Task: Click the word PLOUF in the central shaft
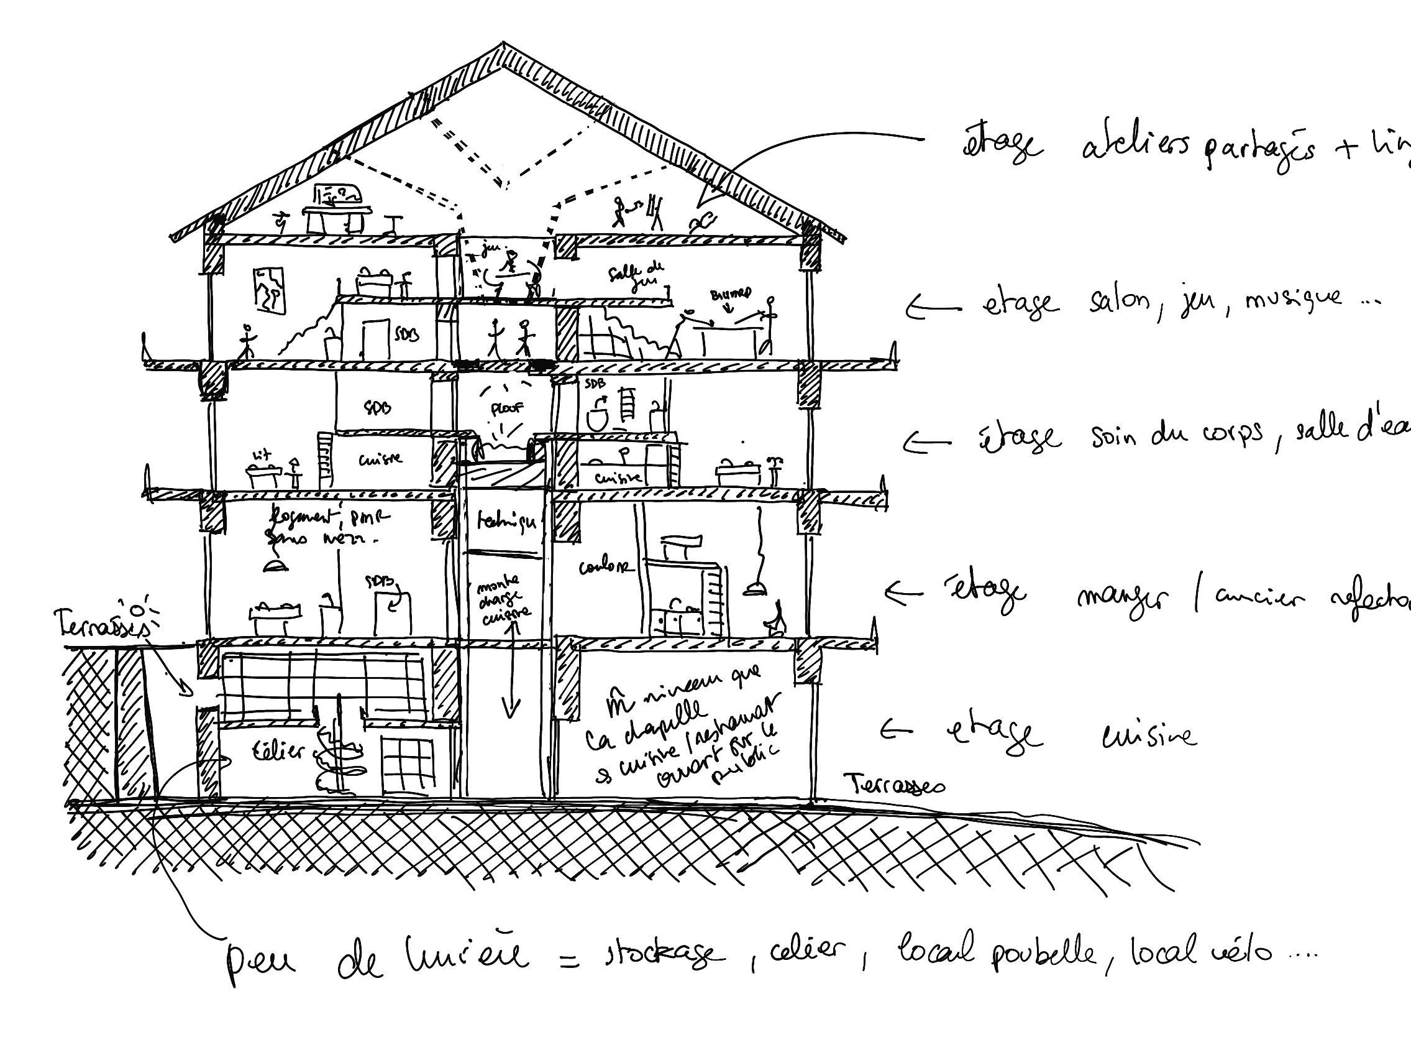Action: pyautogui.click(x=507, y=408)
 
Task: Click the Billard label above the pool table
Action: pyautogui.click(x=730, y=294)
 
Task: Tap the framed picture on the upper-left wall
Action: pyautogui.click(x=270, y=290)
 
